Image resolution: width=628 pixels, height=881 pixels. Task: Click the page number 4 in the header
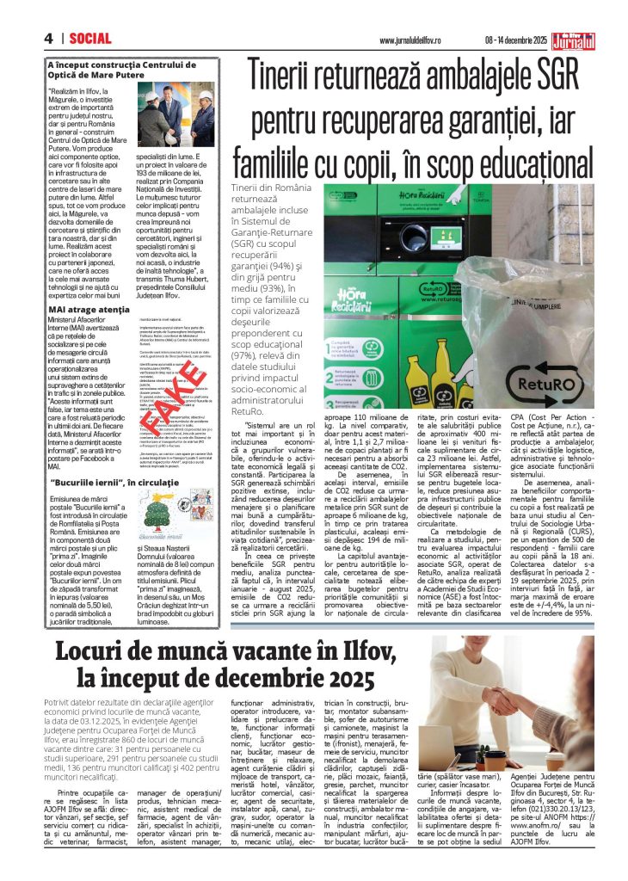click(49, 38)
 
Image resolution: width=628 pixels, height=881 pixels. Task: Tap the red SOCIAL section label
click(90, 38)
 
